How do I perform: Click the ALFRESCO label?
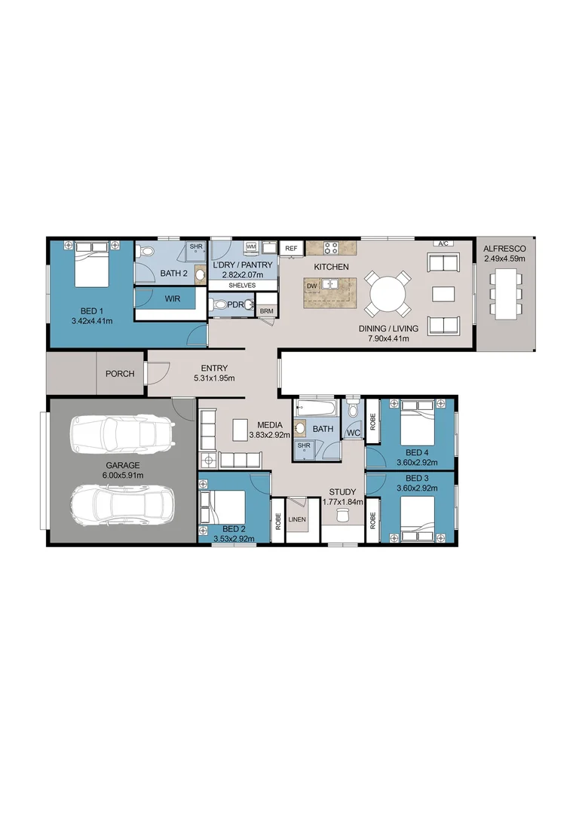click(504, 248)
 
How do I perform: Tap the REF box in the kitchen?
click(290, 247)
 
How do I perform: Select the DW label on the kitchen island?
click(311, 286)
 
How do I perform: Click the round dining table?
click(385, 292)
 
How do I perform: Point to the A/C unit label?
click(443, 243)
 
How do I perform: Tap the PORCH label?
click(119, 373)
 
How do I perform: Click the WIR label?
click(172, 298)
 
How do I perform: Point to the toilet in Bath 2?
click(146, 251)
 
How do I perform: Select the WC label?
click(352, 433)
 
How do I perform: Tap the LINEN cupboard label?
click(297, 519)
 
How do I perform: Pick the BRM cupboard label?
click(266, 311)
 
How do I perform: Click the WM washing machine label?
click(250, 247)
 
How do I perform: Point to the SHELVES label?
click(242, 286)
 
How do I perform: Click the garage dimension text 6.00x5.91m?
click(122, 476)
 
